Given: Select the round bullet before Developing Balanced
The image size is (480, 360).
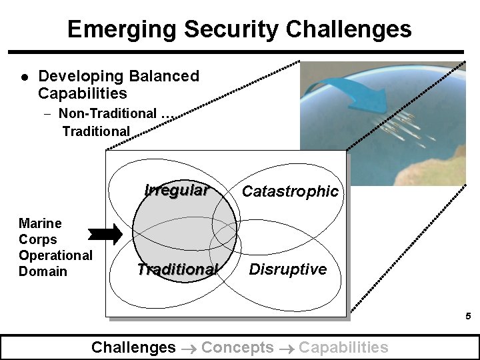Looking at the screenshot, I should [x=24, y=77].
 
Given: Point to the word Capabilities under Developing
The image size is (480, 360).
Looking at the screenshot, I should [x=82, y=93].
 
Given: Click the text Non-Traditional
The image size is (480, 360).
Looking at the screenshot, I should [x=107, y=114].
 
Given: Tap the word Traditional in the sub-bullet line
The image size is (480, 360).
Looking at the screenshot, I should [x=96, y=131].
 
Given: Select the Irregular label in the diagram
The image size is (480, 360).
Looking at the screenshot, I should [x=176, y=190].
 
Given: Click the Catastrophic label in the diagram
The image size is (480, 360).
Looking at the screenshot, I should [x=290, y=191].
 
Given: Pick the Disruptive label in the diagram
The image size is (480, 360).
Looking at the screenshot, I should [x=287, y=269].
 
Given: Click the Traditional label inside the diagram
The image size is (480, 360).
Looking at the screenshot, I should [x=177, y=269].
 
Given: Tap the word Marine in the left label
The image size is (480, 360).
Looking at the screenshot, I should [x=40, y=223].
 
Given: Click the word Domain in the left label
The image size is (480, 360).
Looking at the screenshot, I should [x=43, y=271].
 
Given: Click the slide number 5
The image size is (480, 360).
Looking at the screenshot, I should [x=468, y=317].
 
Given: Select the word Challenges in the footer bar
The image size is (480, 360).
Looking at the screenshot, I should [x=133, y=347].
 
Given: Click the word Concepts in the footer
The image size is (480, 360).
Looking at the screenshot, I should [x=237, y=347].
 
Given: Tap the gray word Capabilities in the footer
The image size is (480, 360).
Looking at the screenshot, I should [x=343, y=347].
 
